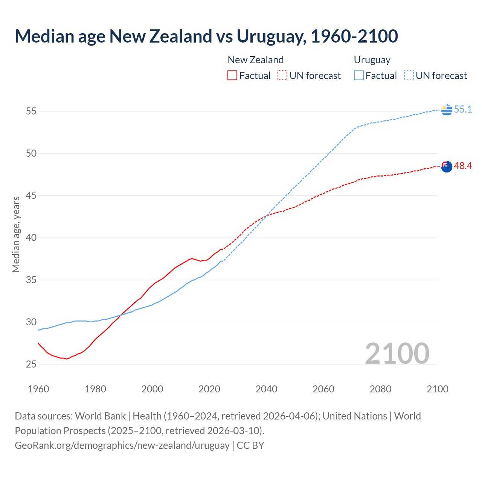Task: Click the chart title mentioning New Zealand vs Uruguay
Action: pos(206,37)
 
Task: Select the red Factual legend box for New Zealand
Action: pos(232,75)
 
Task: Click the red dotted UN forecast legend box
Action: pos(282,75)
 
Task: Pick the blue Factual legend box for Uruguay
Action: pos(359,75)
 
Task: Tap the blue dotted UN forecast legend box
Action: pos(409,75)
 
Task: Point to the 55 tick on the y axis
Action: pos(31,111)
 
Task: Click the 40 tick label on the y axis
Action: pos(31,238)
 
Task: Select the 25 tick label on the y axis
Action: pos(31,364)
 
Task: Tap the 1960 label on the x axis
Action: pos(38,389)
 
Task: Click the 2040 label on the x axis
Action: pos(266,389)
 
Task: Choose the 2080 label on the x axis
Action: pos(380,389)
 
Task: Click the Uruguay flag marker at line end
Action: pos(447,110)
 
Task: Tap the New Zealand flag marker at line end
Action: pos(447,166)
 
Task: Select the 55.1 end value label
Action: pos(463,110)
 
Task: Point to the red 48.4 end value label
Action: pos(463,166)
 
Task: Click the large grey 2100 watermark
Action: pos(397,353)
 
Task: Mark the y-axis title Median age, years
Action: pos(16,234)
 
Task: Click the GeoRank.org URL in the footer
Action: pos(122,445)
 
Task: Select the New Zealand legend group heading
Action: pos(255,60)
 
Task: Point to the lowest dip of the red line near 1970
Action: pos(67,359)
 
